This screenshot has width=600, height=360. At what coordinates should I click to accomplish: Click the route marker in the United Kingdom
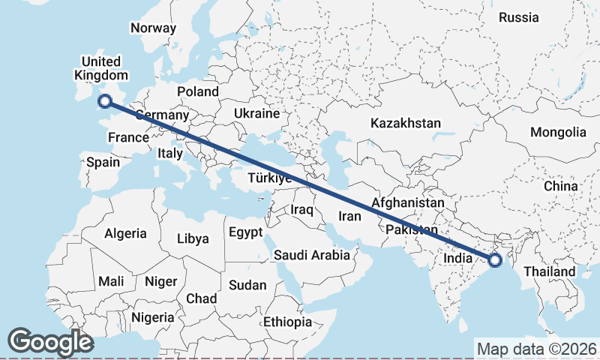point(105,100)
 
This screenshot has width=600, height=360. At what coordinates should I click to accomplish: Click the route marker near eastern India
point(494,260)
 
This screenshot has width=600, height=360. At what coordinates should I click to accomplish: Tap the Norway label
point(153,28)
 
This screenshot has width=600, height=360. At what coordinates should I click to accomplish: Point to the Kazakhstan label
point(405,122)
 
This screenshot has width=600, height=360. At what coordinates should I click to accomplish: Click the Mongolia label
point(558,133)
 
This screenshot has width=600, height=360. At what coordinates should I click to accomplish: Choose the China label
point(561,185)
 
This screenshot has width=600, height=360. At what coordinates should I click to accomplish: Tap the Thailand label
point(550,271)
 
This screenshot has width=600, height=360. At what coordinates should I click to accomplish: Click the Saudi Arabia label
point(311,255)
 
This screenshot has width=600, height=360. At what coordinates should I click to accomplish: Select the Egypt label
point(244,232)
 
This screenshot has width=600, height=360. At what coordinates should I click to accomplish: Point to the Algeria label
point(125,233)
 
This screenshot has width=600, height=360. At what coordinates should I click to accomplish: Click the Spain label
point(103,162)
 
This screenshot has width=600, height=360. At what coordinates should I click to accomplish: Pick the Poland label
point(198,91)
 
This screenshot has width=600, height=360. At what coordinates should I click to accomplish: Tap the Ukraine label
point(256,113)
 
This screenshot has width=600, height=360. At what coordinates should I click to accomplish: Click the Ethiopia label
point(287,322)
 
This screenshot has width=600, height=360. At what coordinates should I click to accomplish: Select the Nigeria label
point(153,317)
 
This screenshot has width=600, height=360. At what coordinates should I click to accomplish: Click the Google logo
point(51,342)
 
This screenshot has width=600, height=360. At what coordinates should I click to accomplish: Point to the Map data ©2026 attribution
point(537,349)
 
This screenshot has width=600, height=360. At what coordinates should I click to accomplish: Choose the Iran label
point(350,216)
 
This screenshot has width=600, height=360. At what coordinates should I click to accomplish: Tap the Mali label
point(111,281)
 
